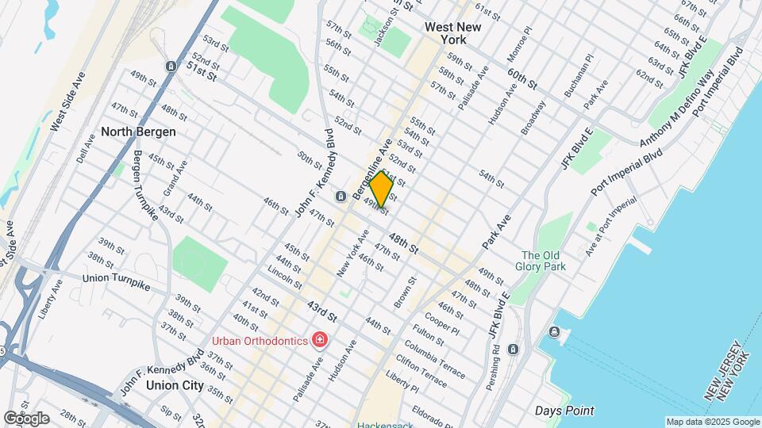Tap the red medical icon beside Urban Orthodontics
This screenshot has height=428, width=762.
[320, 340]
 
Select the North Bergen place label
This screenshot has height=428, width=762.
[138, 132]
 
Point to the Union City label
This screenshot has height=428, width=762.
[175, 386]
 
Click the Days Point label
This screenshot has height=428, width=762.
[564, 411]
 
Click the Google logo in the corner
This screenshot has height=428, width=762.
[26, 418]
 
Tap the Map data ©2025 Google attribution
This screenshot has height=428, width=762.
[713, 422]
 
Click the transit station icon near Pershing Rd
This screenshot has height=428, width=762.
[514, 349]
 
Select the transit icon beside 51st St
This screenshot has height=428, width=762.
[170, 67]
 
